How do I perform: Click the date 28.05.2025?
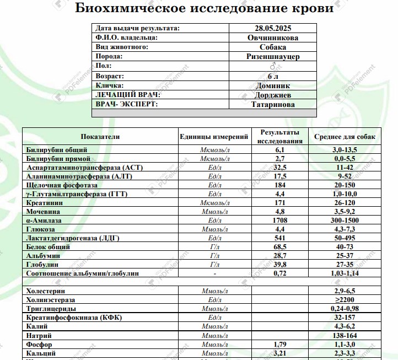pos(273,28)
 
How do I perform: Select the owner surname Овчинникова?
pos(273,37)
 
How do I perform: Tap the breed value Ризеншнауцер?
pos(273,57)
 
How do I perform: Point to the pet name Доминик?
pos(273,85)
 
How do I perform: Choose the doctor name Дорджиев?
pos(273,95)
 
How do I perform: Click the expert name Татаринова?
pos(273,104)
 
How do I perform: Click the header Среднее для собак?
pos(345,136)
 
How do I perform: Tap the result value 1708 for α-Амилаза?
pos(279,220)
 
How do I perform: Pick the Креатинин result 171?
pos(279,202)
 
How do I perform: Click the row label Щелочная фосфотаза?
pos(64,185)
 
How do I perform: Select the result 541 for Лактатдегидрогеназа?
pos(279,238)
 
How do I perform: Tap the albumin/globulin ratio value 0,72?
pos(279,273)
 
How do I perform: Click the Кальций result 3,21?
pos(279,353)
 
